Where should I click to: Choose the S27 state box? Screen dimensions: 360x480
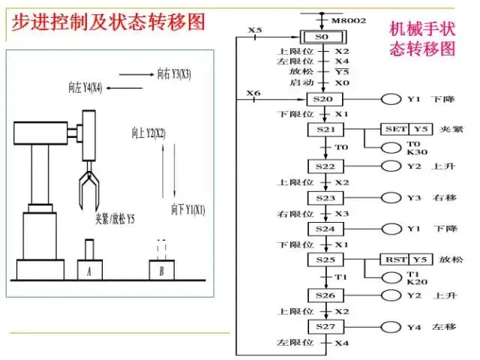click(x=325, y=327)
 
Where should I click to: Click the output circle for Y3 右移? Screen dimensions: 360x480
click(x=391, y=197)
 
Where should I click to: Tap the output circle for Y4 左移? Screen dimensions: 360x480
click(x=391, y=327)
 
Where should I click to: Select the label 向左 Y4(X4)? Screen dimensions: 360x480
click(x=85, y=88)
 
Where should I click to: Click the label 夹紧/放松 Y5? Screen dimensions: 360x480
click(x=115, y=219)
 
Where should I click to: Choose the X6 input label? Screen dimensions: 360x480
click(x=253, y=94)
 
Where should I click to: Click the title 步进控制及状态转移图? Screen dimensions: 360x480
click(x=107, y=22)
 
